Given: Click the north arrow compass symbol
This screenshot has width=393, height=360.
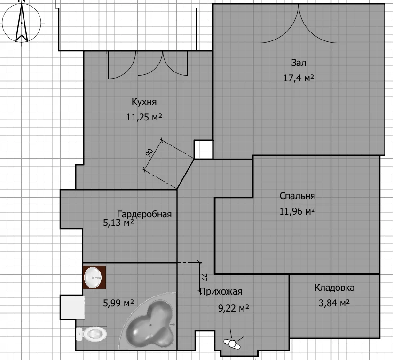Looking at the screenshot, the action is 22,23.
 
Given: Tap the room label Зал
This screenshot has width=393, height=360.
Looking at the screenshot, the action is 299,63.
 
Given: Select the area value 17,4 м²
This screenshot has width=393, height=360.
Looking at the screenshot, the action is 299,78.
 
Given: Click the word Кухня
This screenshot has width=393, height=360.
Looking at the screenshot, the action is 144,102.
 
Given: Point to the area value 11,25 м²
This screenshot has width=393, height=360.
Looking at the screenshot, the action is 144,117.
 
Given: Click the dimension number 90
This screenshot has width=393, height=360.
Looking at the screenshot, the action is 149,152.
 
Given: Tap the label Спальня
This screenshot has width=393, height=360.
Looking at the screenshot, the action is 297,196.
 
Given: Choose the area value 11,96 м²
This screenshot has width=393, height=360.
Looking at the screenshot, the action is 297,211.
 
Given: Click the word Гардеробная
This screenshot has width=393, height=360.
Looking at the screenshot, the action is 144,214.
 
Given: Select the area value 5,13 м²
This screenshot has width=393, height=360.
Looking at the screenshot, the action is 118,223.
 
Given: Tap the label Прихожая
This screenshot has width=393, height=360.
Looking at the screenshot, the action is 221,291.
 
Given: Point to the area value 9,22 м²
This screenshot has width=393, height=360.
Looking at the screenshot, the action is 234,308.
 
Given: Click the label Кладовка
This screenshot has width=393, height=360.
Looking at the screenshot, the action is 334,288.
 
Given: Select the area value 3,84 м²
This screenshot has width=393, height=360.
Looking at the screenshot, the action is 334,304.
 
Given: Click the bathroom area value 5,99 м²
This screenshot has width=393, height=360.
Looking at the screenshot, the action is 118,303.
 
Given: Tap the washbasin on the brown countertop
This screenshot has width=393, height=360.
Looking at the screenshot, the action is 93,278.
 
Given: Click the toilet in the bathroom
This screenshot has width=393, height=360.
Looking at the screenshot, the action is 92,334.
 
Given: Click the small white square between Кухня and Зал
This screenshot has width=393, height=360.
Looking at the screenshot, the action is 204,150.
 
